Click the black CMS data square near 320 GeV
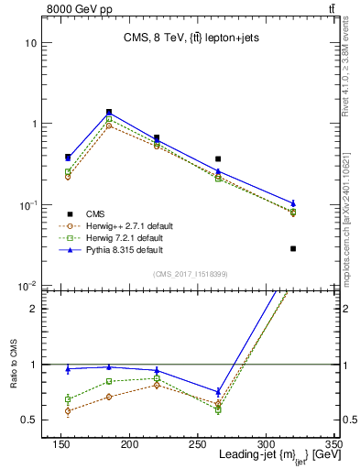[293, 248]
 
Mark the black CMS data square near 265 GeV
[243, 159]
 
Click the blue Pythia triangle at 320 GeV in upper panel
[293, 203]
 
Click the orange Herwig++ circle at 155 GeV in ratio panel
[68, 410]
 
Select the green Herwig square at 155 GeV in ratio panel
[68, 399]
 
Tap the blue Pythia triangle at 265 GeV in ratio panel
[243, 392]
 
